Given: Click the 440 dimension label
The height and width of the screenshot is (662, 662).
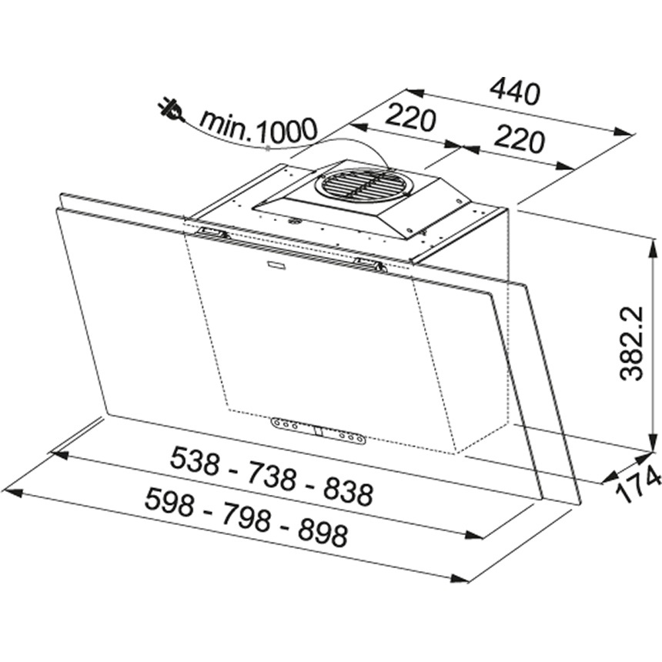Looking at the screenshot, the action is click(x=515, y=92).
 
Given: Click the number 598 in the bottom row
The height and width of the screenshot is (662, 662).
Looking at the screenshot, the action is click(x=169, y=503).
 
